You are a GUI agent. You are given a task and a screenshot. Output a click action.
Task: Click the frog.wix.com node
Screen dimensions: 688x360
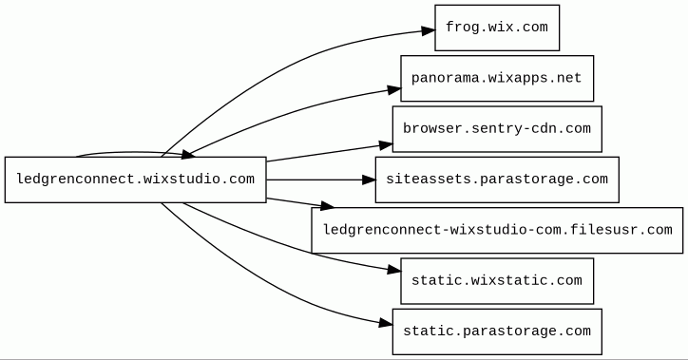click(497, 28)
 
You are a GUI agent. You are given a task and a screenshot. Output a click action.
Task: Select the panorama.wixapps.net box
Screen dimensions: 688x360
click(497, 79)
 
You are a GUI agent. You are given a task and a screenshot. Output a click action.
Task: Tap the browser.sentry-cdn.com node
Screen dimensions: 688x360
click(497, 129)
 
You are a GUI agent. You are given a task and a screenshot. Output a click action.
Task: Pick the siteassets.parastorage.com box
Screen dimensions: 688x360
click(497, 180)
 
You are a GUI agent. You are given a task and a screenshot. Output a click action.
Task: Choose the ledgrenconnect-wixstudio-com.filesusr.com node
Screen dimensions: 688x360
click(497, 230)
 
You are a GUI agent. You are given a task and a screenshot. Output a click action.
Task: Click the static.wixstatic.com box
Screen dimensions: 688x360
click(497, 281)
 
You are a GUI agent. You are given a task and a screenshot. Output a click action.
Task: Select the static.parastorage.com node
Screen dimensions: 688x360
click(497, 332)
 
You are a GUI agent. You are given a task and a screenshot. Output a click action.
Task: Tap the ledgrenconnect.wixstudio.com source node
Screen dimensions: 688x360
click(136, 180)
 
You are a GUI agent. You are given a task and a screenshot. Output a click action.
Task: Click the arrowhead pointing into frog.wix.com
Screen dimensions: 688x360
click(429, 30)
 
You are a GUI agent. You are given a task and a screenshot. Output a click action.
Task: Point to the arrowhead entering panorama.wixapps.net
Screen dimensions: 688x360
click(394, 90)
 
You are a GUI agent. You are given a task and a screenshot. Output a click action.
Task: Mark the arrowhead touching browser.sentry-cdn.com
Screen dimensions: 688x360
click(386, 145)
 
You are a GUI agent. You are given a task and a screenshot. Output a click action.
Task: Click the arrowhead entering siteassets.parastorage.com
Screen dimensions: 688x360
click(369, 180)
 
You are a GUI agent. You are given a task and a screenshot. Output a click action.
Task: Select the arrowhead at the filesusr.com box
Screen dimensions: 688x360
click(327, 205)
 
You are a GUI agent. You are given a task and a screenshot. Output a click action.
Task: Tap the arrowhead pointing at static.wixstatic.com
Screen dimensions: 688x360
click(394, 271)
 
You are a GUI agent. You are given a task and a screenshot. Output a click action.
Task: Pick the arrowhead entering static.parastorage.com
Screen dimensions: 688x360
click(386, 324)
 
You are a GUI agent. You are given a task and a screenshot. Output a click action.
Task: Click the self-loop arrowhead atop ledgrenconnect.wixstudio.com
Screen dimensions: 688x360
click(188, 154)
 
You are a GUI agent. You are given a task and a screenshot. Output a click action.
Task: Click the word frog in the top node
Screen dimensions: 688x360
click(463, 28)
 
